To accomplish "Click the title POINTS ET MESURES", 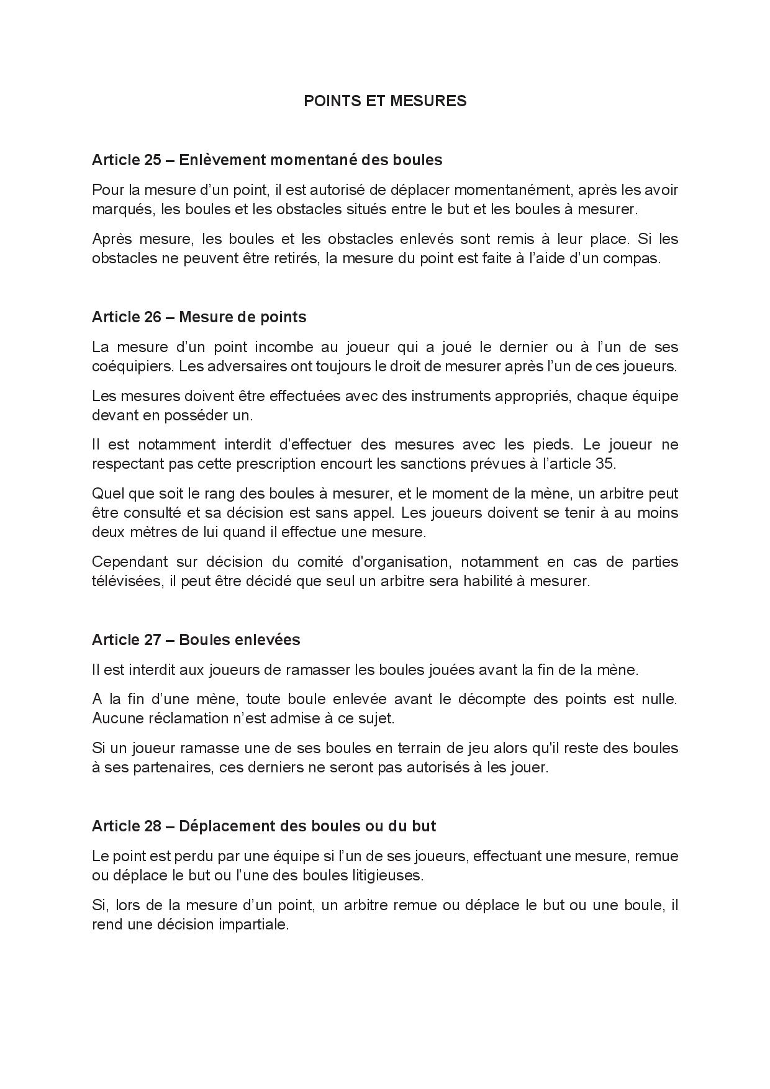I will point(385,101).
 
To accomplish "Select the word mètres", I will point(150,532).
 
